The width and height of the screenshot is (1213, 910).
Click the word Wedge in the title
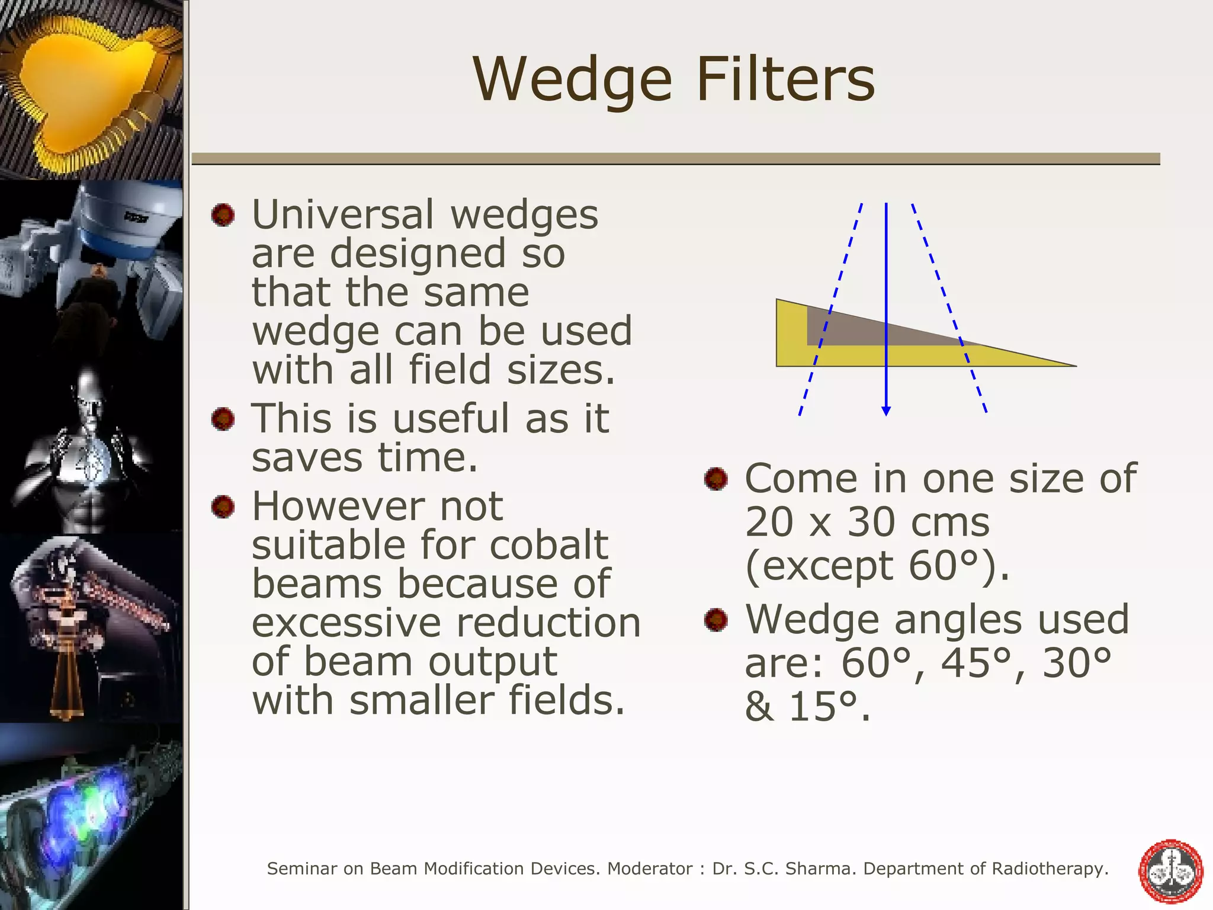pos(572,80)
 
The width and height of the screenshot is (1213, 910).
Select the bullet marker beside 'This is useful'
pos(223,419)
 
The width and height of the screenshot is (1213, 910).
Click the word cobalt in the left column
pos(548,544)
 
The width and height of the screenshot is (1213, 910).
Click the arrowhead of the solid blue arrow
pos(886,411)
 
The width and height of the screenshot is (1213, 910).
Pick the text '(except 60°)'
pos(877,566)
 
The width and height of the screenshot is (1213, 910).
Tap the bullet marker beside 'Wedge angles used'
pos(715,620)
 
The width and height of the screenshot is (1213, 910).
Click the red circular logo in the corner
pos(1171,870)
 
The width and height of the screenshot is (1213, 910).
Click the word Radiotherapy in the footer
pos(1050,869)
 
